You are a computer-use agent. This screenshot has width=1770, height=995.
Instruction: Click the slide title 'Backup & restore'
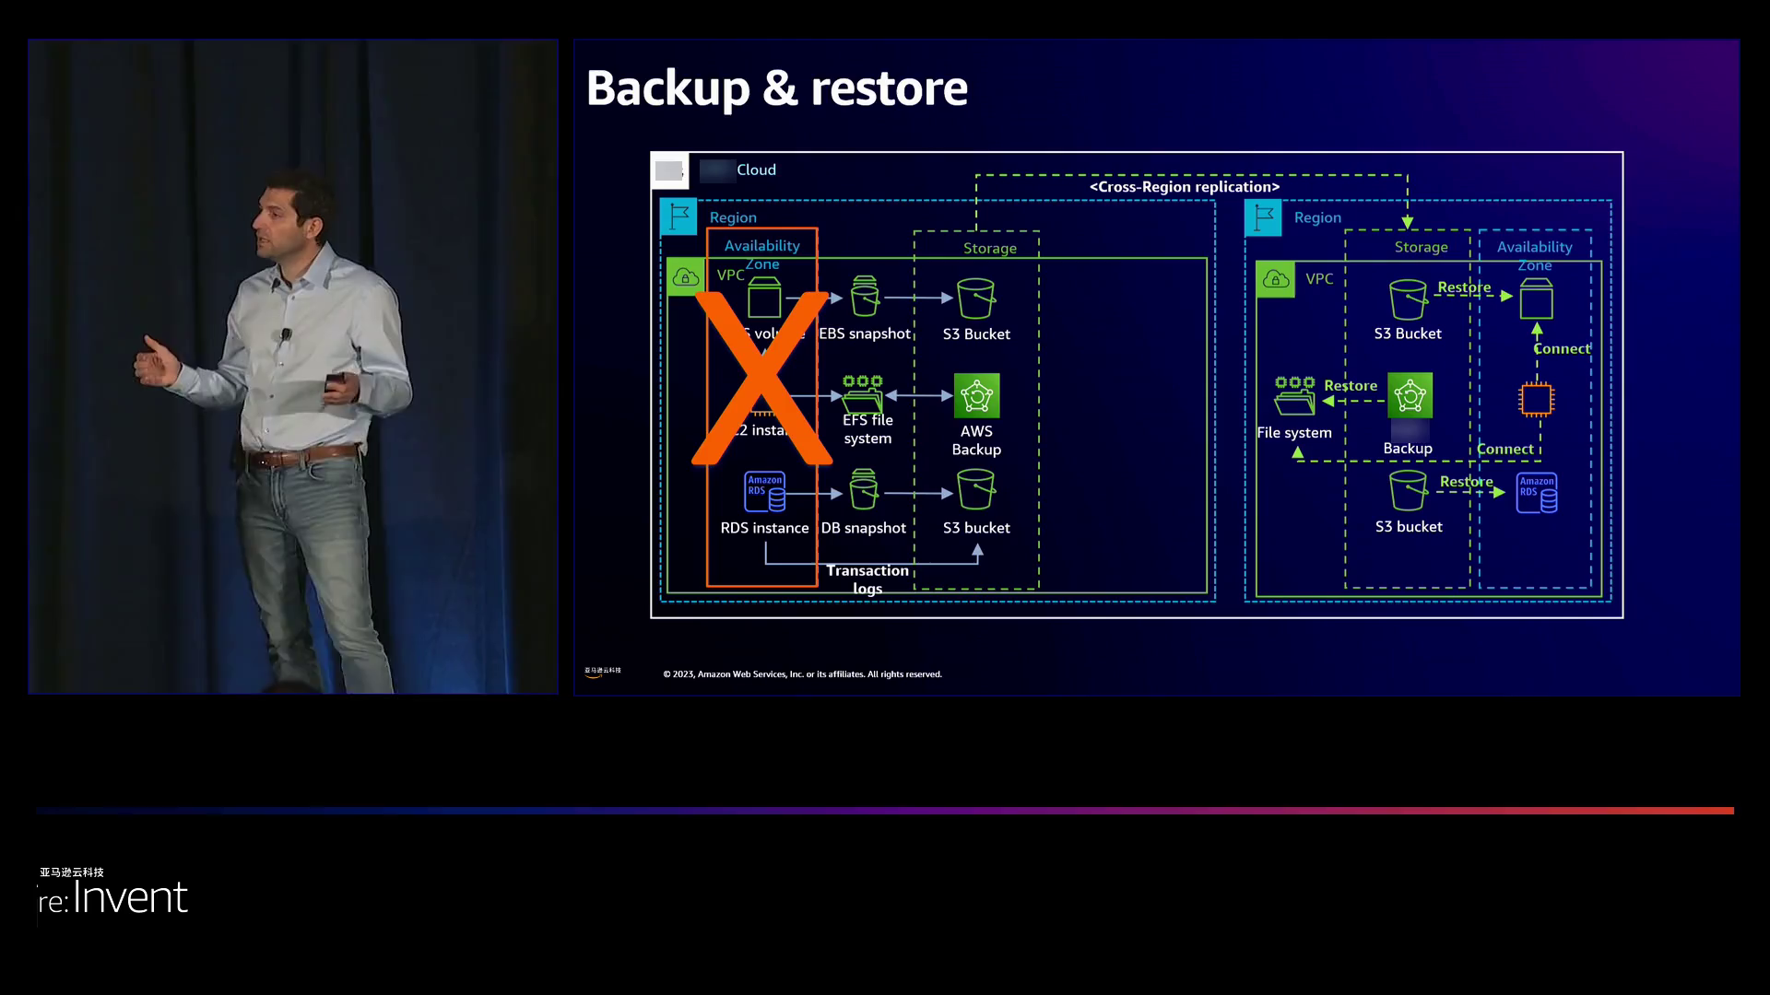[x=776, y=88]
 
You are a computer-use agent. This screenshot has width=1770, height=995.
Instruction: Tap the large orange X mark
[x=761, y=378]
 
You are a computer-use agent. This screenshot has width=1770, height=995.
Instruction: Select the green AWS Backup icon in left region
[x=976, y=396]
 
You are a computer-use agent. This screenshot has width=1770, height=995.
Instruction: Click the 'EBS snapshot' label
[x=864, y=334]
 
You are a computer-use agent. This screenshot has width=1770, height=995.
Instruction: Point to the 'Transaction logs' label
[x=867, y=579]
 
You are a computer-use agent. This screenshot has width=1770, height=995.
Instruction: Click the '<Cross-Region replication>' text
[x=1185, y=187]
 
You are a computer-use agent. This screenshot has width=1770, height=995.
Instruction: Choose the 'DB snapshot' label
[x=863, y=528]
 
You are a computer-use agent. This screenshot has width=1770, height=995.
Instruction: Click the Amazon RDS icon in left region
[x=764, y=492]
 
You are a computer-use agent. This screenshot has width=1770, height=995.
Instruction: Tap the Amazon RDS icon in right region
[x=1537, y=493]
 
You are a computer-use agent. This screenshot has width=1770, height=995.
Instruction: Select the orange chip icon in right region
[x=1536, y=400]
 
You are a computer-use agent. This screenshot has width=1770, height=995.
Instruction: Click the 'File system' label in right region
[x=1293, y=433]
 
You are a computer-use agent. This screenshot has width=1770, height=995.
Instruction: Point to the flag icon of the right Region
[x=1263, y=218]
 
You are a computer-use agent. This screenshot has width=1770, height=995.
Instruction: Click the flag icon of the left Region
[x=678, y=217]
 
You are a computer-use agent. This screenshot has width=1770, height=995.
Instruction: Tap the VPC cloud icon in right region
[x=1276, y=279]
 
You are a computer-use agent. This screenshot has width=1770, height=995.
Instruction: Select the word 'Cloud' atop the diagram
[x=756, y=170]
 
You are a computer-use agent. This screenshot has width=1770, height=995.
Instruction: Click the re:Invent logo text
[x=114, y=897]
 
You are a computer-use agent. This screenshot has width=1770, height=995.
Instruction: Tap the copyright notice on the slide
[x=802, y=674]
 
